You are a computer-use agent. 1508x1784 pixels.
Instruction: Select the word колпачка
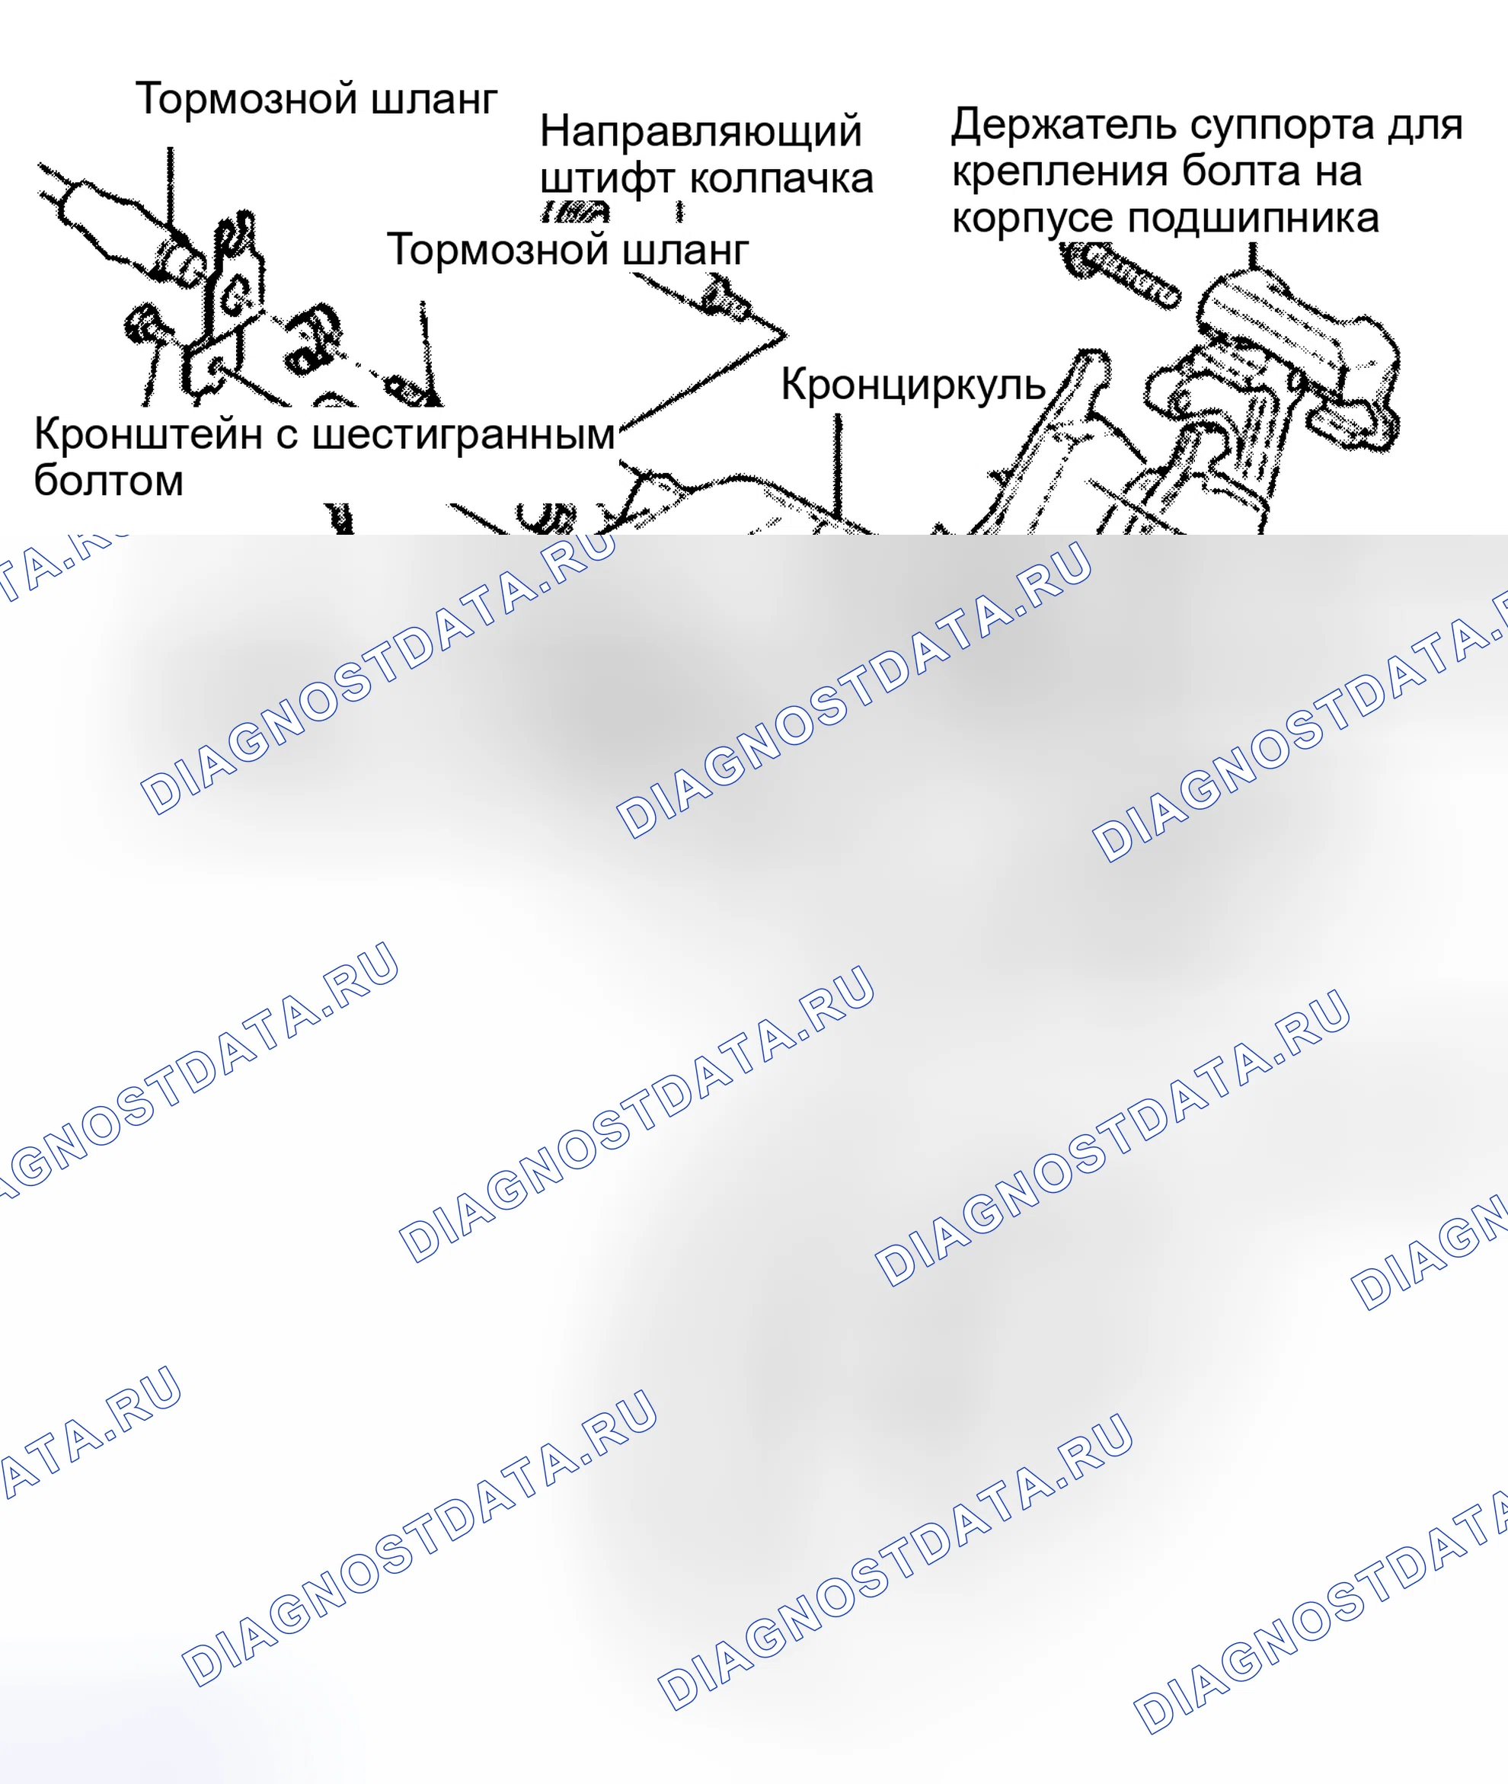point(781,180)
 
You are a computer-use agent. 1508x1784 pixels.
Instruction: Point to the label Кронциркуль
point(913,385)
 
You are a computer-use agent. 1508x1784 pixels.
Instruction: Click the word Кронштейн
point(148,434)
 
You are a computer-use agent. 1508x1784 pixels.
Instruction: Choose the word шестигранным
point(463,436)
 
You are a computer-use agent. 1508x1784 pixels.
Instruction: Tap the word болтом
point(109,481)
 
